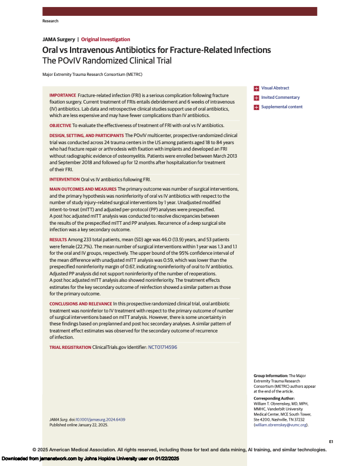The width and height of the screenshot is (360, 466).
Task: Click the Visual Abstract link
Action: tap(275, 88)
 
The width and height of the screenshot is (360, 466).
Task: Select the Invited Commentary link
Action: tap(280, 98)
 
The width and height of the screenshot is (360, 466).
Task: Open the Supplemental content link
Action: tap(282, 107)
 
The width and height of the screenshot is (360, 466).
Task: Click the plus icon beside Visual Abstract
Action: tap(256, 88)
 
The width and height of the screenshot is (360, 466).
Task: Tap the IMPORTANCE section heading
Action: tap(62, 95)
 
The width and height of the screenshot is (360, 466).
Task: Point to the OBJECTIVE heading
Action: tap(60, 125)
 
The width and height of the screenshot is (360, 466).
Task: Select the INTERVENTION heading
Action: tap(64, 178)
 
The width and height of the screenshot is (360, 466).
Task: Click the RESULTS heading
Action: tap(58, 241)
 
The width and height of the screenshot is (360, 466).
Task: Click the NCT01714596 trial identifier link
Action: tap(162, 348)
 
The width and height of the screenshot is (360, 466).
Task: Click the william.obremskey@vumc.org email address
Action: tap(281, 425)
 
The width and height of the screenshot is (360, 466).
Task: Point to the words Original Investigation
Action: tap(103, 38)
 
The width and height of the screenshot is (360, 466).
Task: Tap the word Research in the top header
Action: tap(51, 21)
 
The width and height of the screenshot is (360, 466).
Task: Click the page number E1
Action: tap(331, 440)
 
